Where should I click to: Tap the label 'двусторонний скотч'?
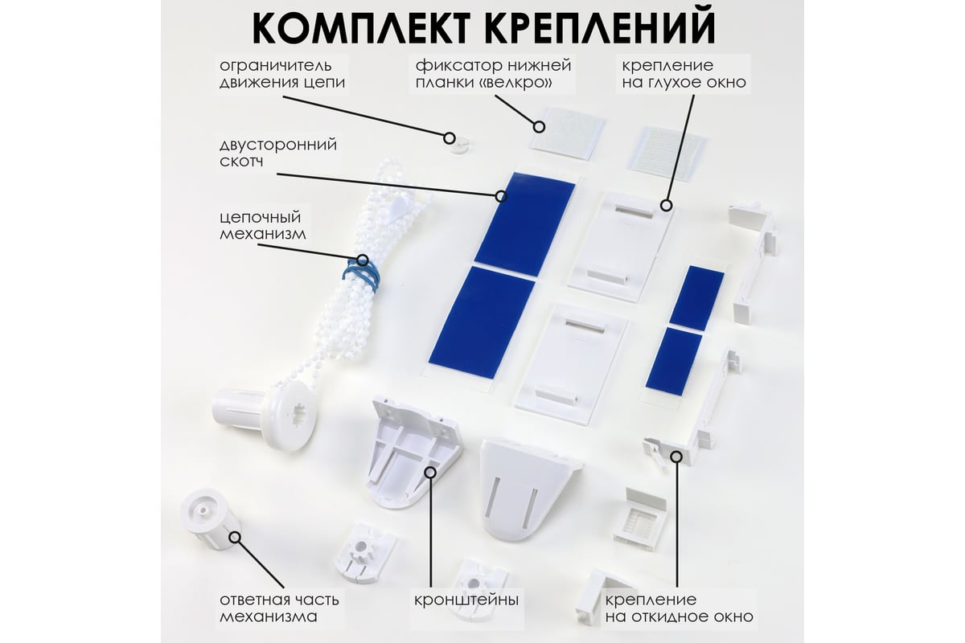pyautogui.click(x=278, y=153)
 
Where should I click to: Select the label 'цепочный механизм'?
pyautogui.click(x=263, y=225)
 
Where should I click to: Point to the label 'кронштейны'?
pyautogui.click(x=466, y=600)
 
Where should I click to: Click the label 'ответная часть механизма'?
pyautogui.click(x=279, y=608)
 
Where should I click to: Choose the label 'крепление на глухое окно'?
pyautogui.click(x=684, y=74)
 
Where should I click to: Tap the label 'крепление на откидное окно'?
pyautogui.click(x=679, y=608)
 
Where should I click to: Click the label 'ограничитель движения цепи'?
pyautogui.click(x=282, y=74)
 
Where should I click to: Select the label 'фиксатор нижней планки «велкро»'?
pyautogui.click(x=493, y=74)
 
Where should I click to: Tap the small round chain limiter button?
pyautogui.click(x=461, y=146)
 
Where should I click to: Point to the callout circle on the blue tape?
pyautogui.click(x=500, y=196)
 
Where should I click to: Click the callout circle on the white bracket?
pyautogui.click(x=430, y=473)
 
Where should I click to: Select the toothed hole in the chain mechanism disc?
pyautogui.click(x=298, y=414)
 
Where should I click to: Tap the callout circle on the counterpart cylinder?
pyautogui.click(x=235, y=537)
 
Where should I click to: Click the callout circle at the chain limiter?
pyautogui.click(x=450, y=138)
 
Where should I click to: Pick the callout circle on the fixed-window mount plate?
pyautogui.click(x=667, y=206)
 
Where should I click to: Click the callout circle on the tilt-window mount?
pyautogui.click(x=677, y=457)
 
